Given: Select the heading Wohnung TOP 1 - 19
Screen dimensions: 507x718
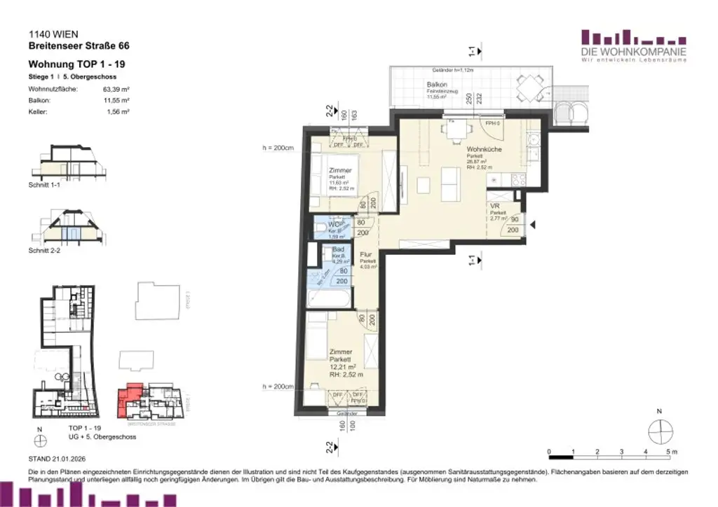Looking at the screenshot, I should coord(77,64).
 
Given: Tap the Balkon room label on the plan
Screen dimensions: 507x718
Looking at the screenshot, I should coord(437,85).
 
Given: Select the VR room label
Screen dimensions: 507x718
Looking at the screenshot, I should coord(494,207).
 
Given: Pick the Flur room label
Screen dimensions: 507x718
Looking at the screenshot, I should coord(366,255).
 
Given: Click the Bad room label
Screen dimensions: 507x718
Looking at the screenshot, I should coord(338,249).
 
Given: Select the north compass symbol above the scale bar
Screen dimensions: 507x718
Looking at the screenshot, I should coord(659,429).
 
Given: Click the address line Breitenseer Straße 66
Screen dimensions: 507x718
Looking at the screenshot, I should coord(79,46).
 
